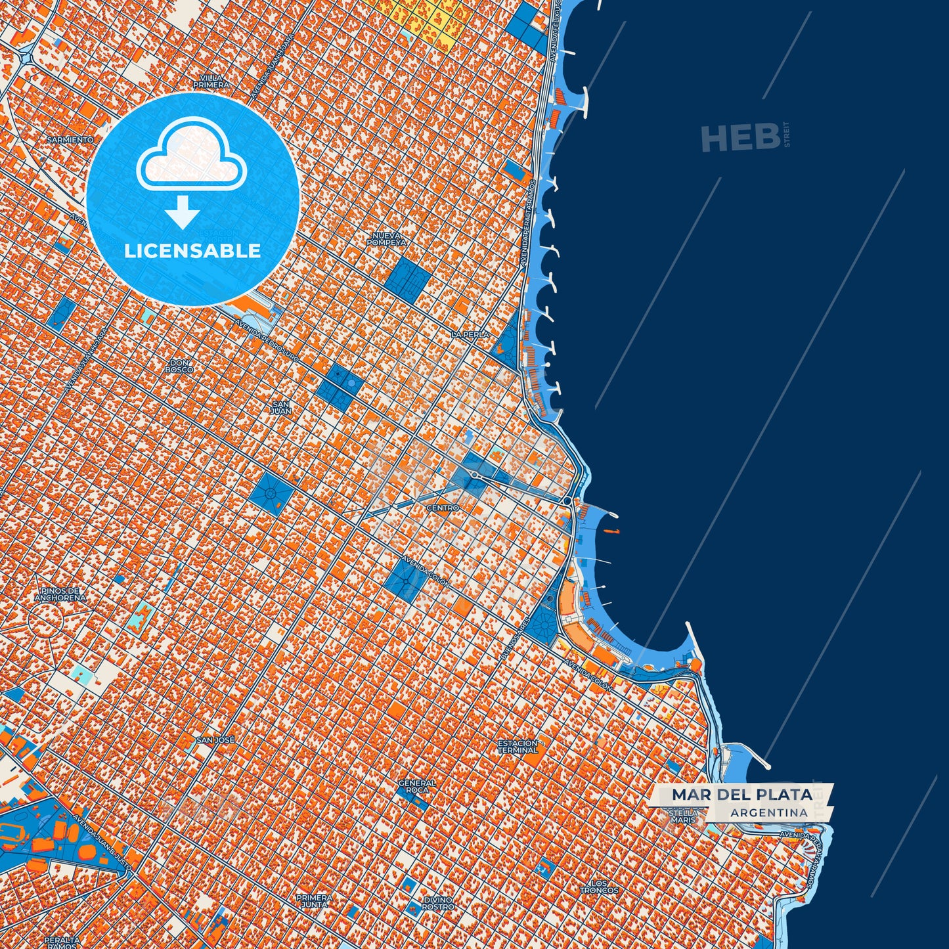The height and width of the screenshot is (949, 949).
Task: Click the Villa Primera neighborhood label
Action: [211, 81]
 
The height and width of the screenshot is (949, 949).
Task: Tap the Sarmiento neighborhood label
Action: [70, 140]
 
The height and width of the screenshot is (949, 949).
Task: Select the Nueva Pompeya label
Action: [387, 239]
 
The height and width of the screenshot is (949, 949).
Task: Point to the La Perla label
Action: [470, 334]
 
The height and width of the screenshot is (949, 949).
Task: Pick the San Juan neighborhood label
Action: [281, 408]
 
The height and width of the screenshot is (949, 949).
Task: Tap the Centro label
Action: [443, 508]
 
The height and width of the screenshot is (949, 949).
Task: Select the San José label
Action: [215, 740]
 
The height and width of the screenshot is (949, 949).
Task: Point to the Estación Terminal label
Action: [518, 746]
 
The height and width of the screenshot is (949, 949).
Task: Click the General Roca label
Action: [417, 786]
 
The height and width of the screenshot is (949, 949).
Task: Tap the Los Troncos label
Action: [599, 887]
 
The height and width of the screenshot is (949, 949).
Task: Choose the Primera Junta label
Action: [314, 900]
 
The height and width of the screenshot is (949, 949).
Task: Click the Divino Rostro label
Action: [437, 903]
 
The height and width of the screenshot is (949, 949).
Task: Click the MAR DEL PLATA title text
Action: [741, 795]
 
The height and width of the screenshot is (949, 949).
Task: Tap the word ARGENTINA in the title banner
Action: [768, 812]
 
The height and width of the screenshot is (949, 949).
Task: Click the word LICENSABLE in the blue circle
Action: [192, 251]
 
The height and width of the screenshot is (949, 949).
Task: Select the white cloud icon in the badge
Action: [191, 154]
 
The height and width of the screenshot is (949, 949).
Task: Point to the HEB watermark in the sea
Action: [739, 137]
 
